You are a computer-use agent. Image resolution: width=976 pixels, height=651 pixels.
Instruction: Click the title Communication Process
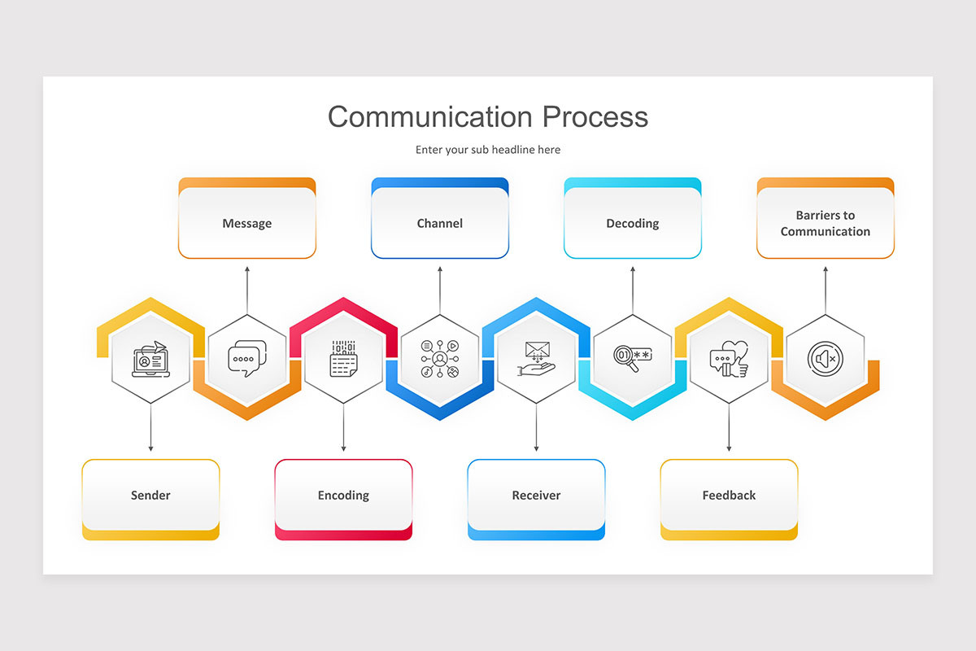488,116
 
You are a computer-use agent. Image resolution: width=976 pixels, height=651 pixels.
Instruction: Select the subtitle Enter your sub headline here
488,150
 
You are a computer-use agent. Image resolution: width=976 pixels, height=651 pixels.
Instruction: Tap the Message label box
247,223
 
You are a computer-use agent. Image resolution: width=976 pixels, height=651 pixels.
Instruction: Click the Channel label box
440,223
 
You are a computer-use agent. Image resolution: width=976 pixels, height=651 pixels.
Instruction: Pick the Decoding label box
633,223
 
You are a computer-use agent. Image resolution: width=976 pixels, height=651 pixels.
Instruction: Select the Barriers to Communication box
826,223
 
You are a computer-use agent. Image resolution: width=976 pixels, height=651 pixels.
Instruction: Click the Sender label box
150,495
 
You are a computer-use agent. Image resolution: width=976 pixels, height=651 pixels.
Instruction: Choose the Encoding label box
343,495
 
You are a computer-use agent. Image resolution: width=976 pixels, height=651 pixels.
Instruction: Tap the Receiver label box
536,495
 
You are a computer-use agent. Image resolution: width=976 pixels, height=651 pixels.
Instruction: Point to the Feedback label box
729,495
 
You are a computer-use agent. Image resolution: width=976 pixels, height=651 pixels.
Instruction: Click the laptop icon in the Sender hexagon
150,359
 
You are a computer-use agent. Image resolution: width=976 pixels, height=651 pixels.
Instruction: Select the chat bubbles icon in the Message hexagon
247,359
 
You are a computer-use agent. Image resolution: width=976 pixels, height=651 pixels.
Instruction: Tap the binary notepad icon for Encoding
343,359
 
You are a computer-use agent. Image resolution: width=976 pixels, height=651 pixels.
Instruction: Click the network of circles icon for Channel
440,359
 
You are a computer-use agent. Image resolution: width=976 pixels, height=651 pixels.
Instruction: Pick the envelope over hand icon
536,359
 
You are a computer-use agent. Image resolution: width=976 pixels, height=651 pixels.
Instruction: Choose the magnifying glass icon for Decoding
633,359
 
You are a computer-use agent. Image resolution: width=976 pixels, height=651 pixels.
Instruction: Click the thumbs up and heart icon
729,359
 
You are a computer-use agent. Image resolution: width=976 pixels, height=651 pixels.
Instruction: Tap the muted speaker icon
826,359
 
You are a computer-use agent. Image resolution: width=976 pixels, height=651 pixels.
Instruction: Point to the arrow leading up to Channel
440,289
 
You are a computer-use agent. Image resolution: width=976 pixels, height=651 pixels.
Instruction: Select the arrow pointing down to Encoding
343,427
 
